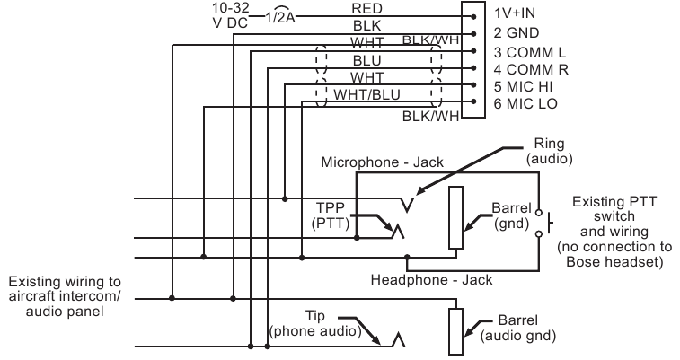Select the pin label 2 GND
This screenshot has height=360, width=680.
519,33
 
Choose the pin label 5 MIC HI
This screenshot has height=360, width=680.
525,86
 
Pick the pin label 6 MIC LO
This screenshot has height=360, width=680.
526,104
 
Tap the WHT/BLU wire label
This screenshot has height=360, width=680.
367,94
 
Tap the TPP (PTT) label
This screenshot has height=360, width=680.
328,214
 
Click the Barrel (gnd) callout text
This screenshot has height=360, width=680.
511,215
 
